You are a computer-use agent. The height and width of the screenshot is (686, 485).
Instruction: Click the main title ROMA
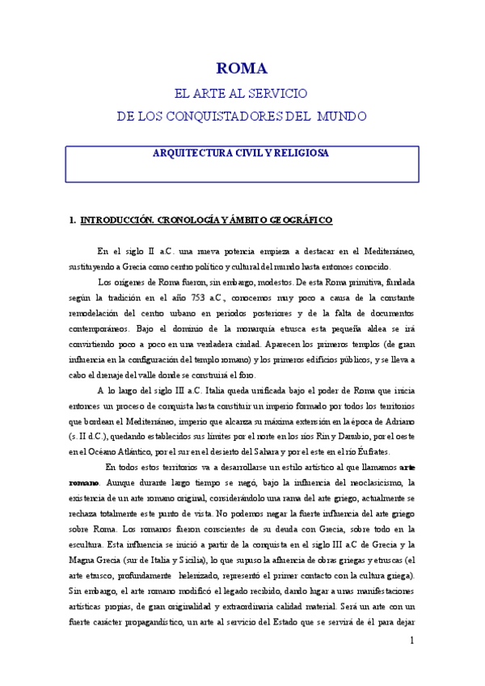[242, 69]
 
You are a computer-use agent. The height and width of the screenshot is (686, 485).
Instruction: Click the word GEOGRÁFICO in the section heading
[293, 220]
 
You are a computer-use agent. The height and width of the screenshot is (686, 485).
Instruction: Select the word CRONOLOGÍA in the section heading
[194, 220]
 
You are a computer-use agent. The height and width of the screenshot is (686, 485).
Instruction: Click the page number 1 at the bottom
[411, 641]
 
